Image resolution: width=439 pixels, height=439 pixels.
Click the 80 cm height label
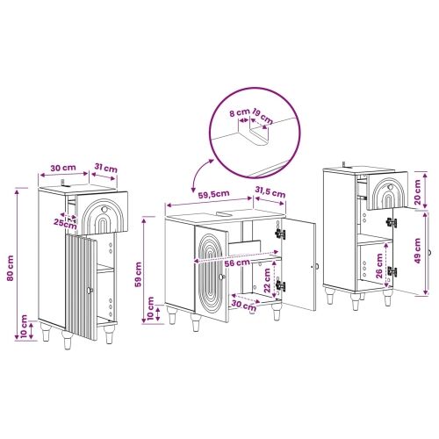(11, 268)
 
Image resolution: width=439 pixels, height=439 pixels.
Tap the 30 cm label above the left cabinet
(63, 168)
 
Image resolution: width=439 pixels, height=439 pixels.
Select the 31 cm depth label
(106, 168)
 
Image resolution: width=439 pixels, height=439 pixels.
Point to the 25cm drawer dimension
(65, 224)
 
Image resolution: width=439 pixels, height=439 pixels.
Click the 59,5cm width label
(213, 194)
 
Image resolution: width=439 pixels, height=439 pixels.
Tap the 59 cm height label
(138, 274)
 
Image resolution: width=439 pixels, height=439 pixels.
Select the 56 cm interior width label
(237, 263)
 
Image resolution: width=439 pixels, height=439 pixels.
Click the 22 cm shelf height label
(267, 280)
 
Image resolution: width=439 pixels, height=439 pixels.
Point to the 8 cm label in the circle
(239, 112)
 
